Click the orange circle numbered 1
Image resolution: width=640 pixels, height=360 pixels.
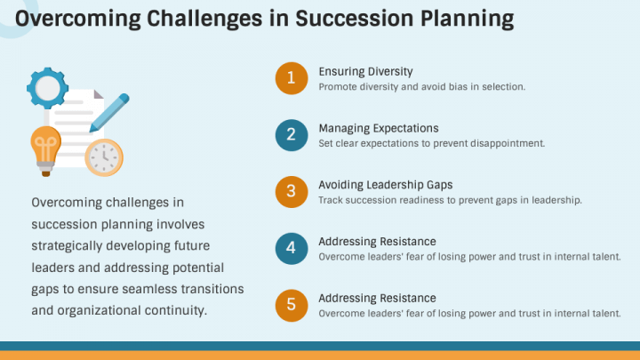(x=291, y=78)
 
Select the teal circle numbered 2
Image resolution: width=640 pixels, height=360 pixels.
(x=291, y=135)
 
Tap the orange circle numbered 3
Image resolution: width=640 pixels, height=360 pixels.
(x=291, y=192)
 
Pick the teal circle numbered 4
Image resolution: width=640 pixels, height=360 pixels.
(x=291, y=249)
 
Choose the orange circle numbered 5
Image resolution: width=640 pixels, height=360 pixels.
(x=291, y=306)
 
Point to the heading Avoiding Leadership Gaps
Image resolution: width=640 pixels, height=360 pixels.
(x=386, y=185)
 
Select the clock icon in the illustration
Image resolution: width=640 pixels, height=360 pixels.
(x=103, y=156)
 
